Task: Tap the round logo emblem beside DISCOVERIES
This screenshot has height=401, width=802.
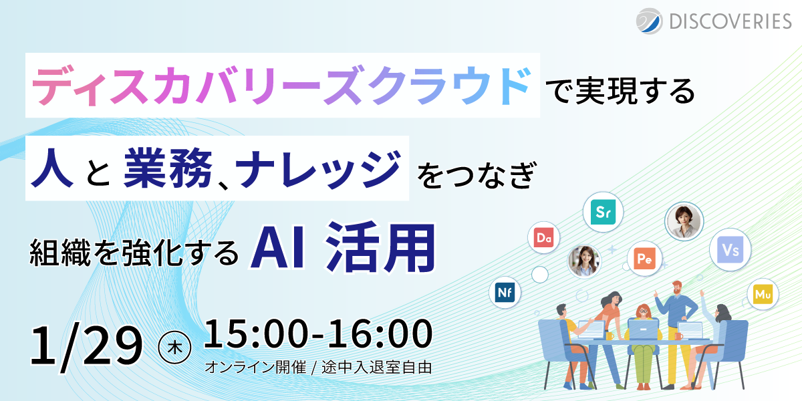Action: [x=648, y=21]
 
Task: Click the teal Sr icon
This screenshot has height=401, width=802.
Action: [x=602, y=213]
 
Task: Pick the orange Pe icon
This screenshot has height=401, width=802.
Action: [x=644, y=259]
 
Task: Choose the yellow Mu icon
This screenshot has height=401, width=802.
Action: [x=763, y=295]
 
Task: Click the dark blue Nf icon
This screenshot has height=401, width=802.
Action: [x=505, y=293]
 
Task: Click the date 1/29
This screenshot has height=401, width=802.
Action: [x=86, y=346]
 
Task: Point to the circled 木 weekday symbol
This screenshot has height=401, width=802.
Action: [x=176, y=346]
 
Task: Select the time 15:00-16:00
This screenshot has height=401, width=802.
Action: [x=317, y=336]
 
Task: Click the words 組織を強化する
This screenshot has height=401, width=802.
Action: [x=134, y=252]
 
